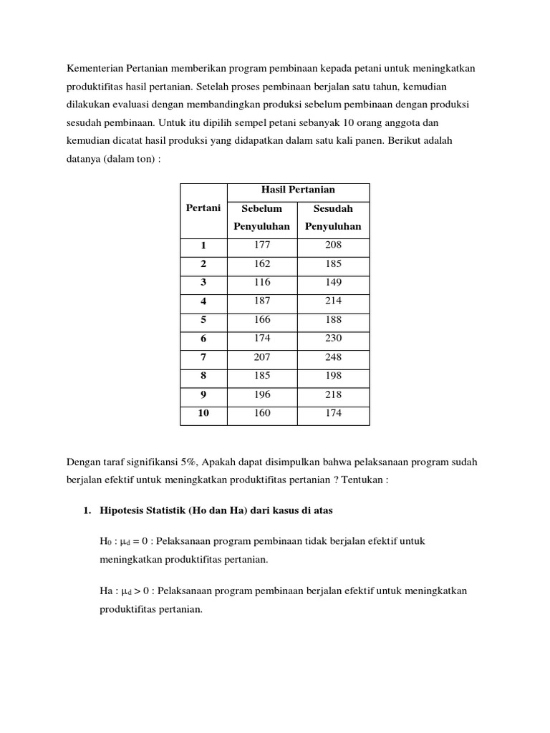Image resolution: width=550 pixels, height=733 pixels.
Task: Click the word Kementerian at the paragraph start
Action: pyautogui.click(x=95, y=68)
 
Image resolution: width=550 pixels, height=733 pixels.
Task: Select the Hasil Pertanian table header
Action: pyautogui.click(x=298, y=190)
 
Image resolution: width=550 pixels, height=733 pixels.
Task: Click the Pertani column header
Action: pyautogui.click(x=203, y=208)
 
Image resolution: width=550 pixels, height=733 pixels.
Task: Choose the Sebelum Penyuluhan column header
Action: pyautogui.click(x=261, y=218)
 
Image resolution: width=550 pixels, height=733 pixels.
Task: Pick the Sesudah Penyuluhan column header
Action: pyautogui.click(x=333, y=218)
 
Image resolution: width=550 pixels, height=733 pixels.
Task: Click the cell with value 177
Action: pyautogui.click(x=262, y=245)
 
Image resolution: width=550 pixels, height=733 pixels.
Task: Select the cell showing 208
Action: pyautogui.click(x=333, y=245)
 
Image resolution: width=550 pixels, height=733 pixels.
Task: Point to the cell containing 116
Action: pyautogui.click(x=262, y=282)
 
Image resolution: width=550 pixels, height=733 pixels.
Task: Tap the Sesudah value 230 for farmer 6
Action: pyautogui.click(x=333, y=338)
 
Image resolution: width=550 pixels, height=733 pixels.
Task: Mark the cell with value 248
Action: pyautogui.click(x=333, y=356)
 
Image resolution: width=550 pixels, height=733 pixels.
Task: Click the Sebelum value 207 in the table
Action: pyautogui.click(x=262, y=356)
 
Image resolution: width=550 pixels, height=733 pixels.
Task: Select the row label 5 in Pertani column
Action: pyautogui.click(x=203, y=320)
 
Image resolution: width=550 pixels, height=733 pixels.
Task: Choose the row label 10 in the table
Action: pyautogui.click(x=203, y=413)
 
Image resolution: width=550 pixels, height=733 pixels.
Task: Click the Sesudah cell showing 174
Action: pyautogui.click(x=333, y=413)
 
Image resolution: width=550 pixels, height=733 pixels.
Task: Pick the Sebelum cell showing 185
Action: pyautogui.click(x=262, y=375)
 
